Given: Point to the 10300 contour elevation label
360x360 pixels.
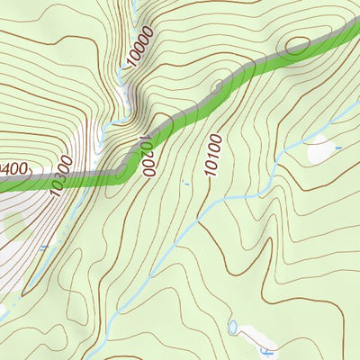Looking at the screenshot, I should pyautogui.click(x=61, y=176).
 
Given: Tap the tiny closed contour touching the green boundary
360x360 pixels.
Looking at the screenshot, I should pyautogui.click(x=217, y=86).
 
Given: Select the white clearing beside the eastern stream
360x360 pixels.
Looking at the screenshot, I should pyautogui.click(x=321, y=151).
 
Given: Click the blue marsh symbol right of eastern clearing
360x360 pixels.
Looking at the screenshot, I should pyautogui.click(x=338, y=146).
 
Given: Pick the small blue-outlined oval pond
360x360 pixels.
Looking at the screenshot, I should pyautogui.click(x=233, y=326).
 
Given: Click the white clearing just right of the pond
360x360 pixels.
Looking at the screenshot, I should pyautogui.click(x=253, y=334).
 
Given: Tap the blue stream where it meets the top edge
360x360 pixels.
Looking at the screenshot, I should pyautogui.click(x=133, y=3).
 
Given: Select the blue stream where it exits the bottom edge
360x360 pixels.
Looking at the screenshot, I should pyautogui.click(x=87, y=357).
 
